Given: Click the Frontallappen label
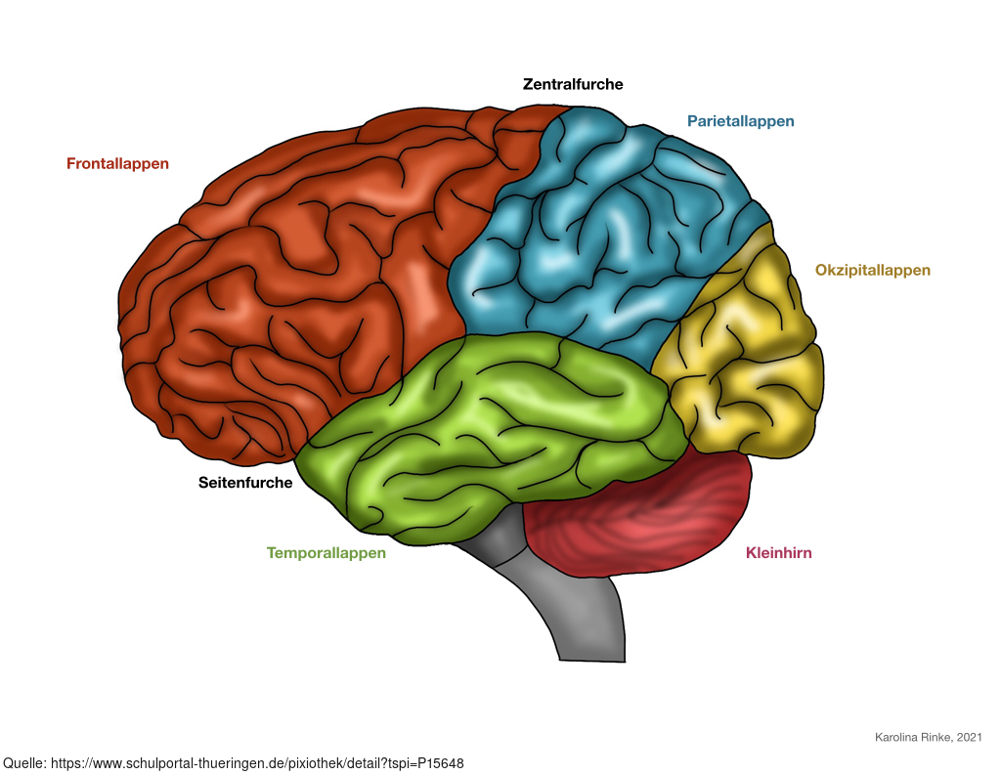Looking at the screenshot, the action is coord(117,164).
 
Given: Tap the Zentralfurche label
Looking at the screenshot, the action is coord(573,84).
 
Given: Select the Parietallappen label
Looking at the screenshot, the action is coord(741,121).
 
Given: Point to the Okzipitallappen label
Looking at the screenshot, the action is coord(873,270).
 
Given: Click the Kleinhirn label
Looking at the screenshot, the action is coord(779,553).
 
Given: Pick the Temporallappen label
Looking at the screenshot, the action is coord(326,553).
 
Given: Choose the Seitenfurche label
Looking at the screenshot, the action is coord(245,483).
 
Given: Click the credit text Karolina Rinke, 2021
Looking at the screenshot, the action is coord(929,737).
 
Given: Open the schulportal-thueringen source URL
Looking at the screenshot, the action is coord(257,763).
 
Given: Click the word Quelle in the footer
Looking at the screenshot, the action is coord(23,763).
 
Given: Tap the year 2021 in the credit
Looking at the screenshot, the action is coord(969,737).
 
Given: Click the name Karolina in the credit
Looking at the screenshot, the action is coord(897,737).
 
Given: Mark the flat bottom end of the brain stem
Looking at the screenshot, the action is coord(592,661).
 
